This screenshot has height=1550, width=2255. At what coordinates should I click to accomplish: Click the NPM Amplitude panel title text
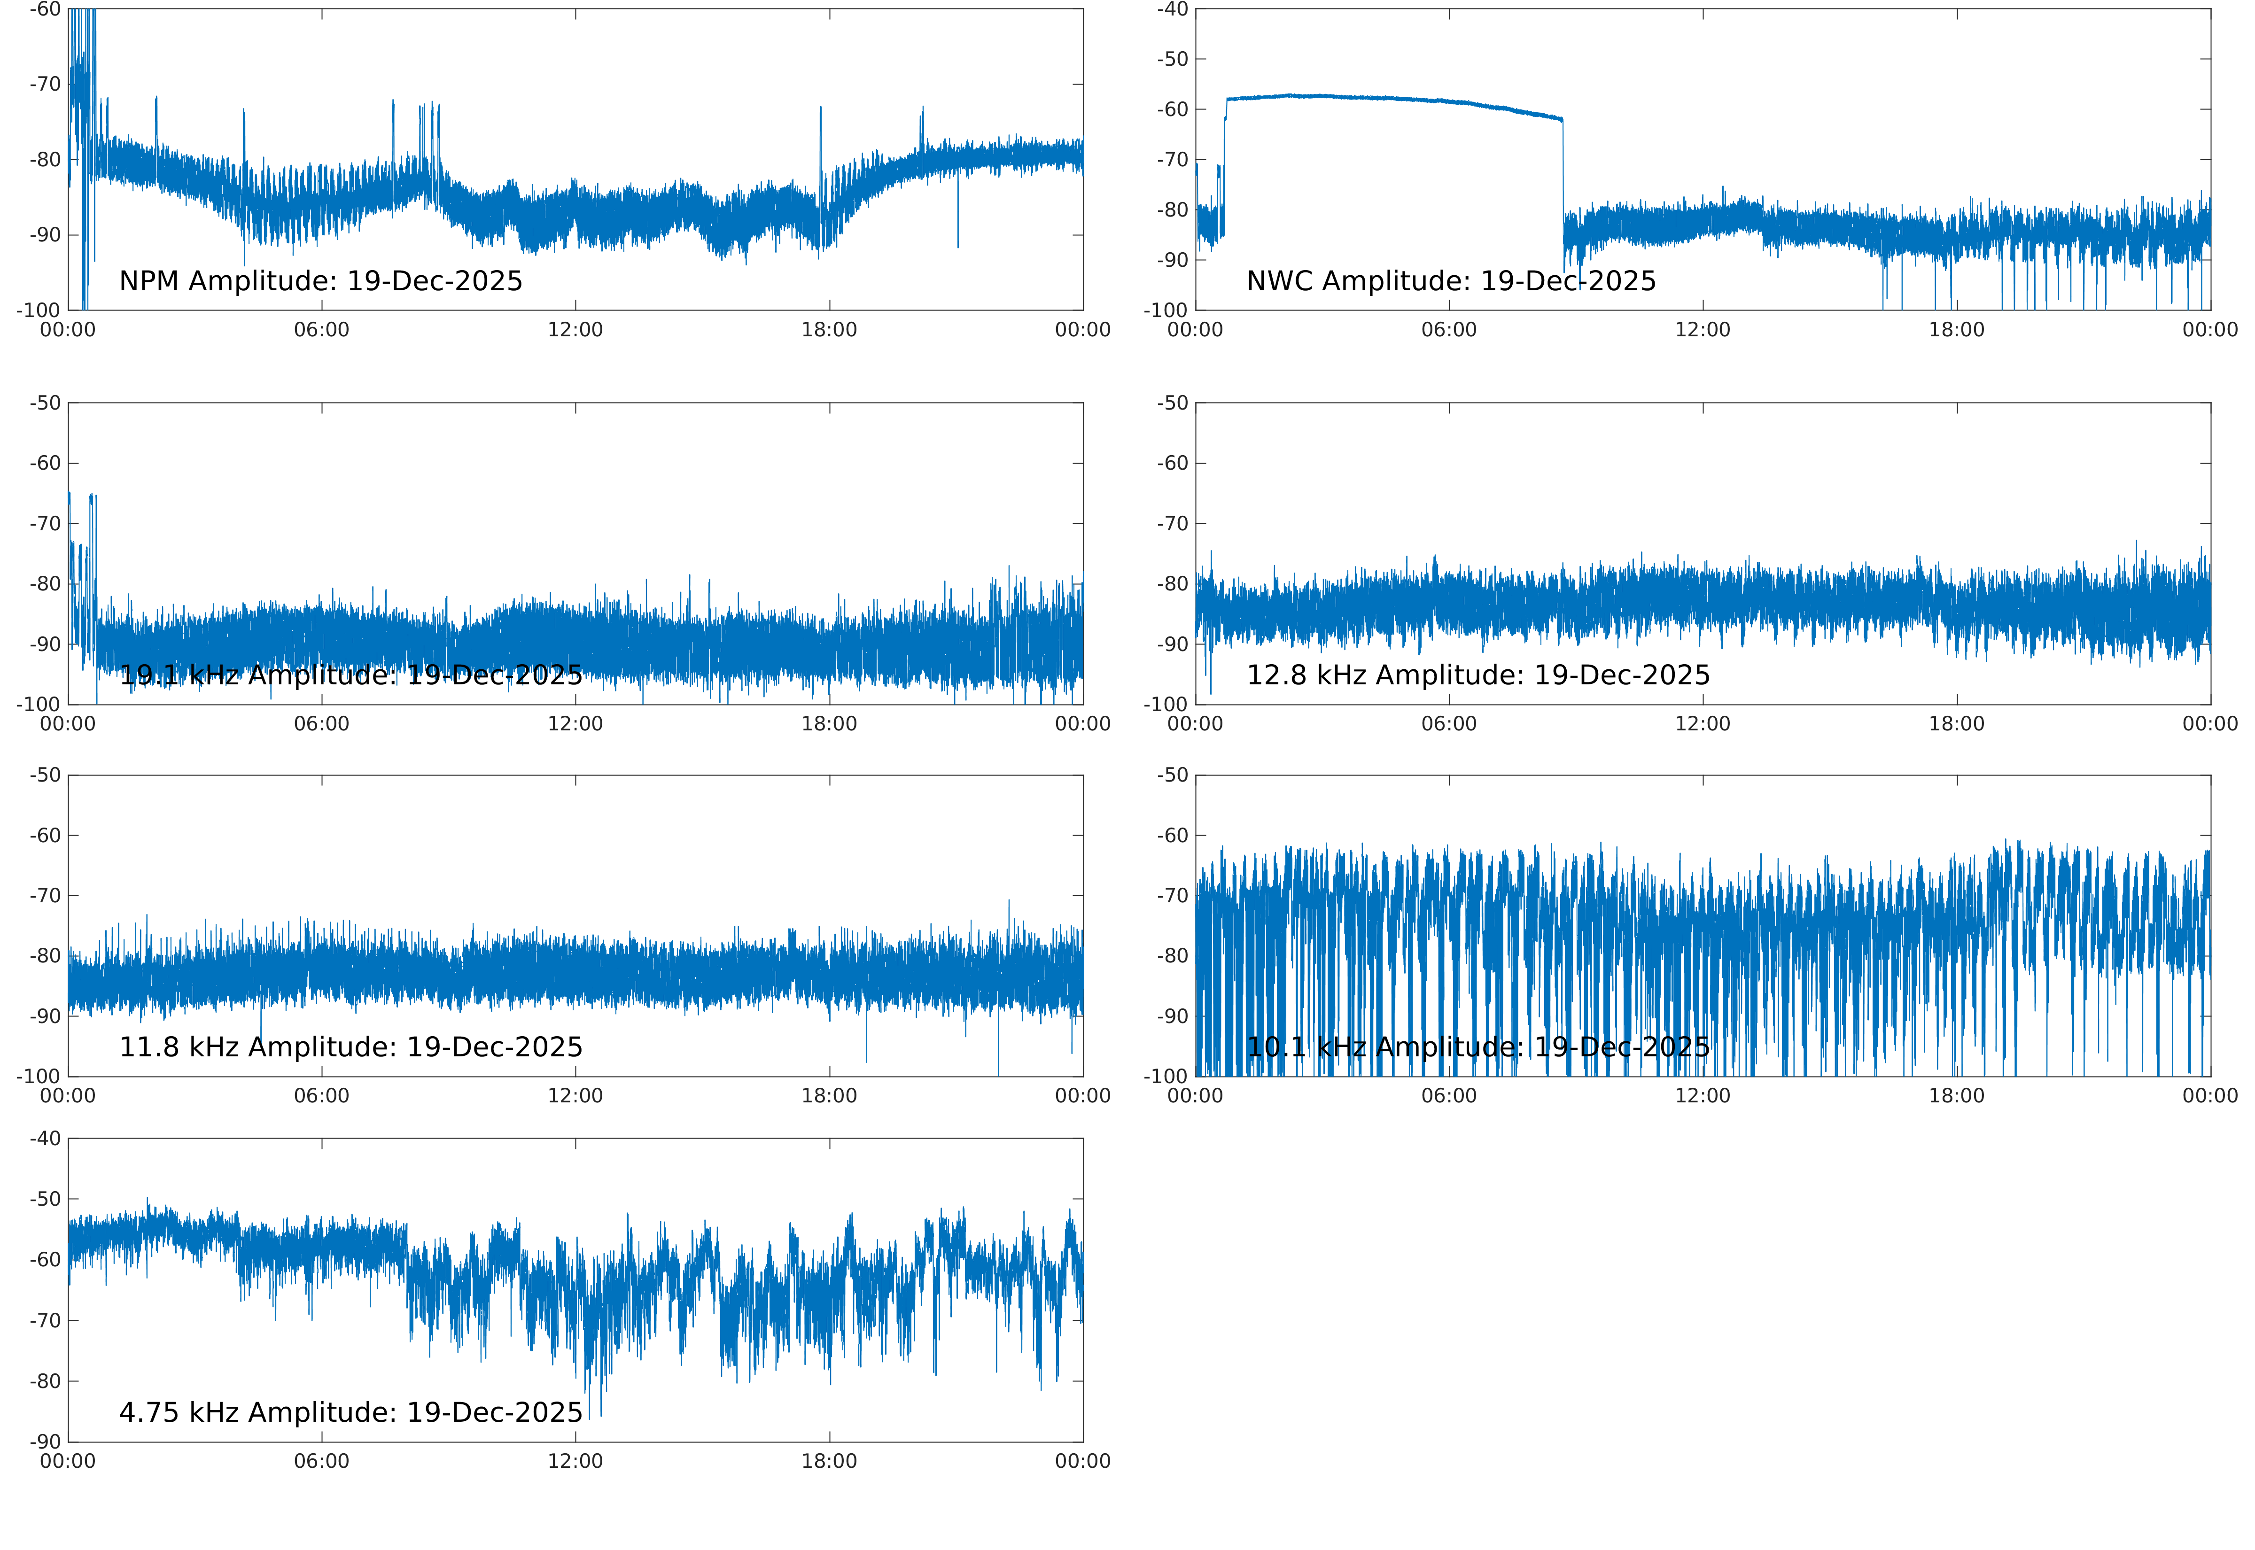coord(320,281)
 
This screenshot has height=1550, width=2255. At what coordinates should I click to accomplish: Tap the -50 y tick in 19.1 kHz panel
coord(45,403)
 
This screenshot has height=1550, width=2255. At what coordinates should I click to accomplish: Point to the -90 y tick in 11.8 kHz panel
coord(45,1016)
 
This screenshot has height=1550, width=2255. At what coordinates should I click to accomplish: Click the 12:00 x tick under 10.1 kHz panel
coord(1703,1095)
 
